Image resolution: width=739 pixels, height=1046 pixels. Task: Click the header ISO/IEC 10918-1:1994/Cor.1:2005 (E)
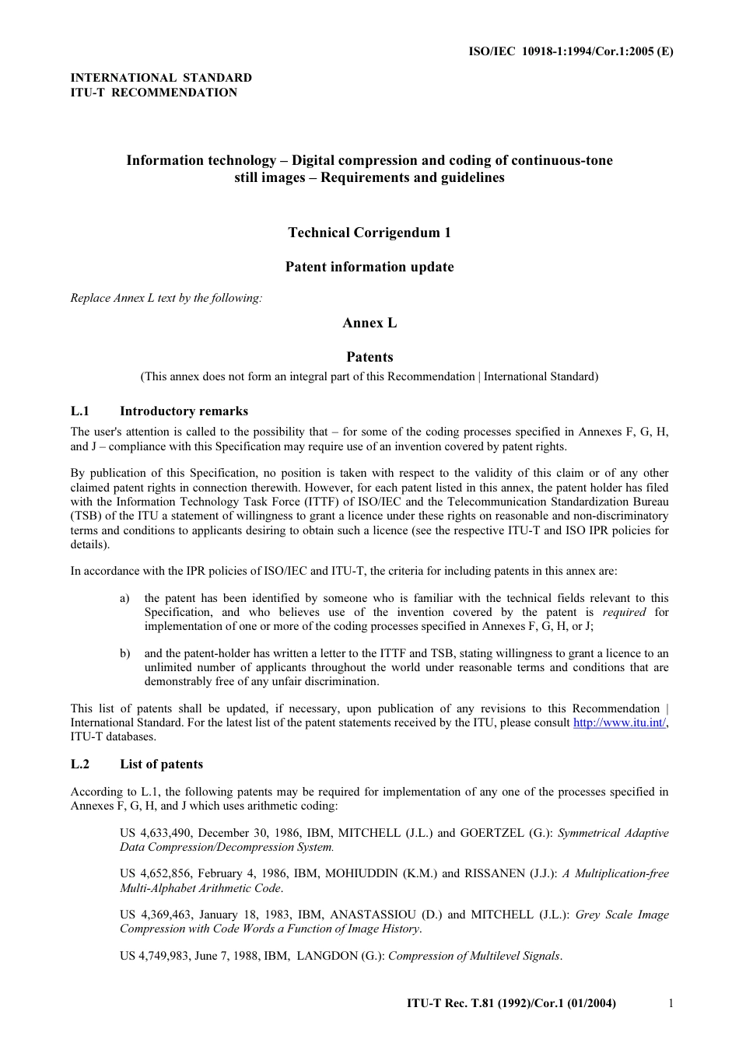[x=570, y=51]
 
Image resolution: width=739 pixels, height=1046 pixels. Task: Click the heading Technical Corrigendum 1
[x=369, y=233]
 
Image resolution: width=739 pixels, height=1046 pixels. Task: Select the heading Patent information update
[x=369, y=267]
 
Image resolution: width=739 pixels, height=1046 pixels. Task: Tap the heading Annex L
[x=369, y=323]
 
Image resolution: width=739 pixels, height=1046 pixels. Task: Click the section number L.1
[x=80, y=411]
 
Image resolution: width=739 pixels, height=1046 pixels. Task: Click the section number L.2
[x=80, y=764]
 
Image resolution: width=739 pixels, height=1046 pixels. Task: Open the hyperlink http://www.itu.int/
[x=619, y=722]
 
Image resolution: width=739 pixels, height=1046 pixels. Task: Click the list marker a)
[x=124, y=598]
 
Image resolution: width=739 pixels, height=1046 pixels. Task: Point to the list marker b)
[x=124, y=653]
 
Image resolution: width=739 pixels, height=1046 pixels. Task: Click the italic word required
[x=624, y=612]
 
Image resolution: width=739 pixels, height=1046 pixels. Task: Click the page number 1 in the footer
[x=671, y=1003]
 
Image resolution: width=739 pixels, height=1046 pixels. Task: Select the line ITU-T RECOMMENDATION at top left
[x=154, y=93]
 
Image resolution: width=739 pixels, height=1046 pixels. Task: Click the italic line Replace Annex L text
[x=166, y=298]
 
